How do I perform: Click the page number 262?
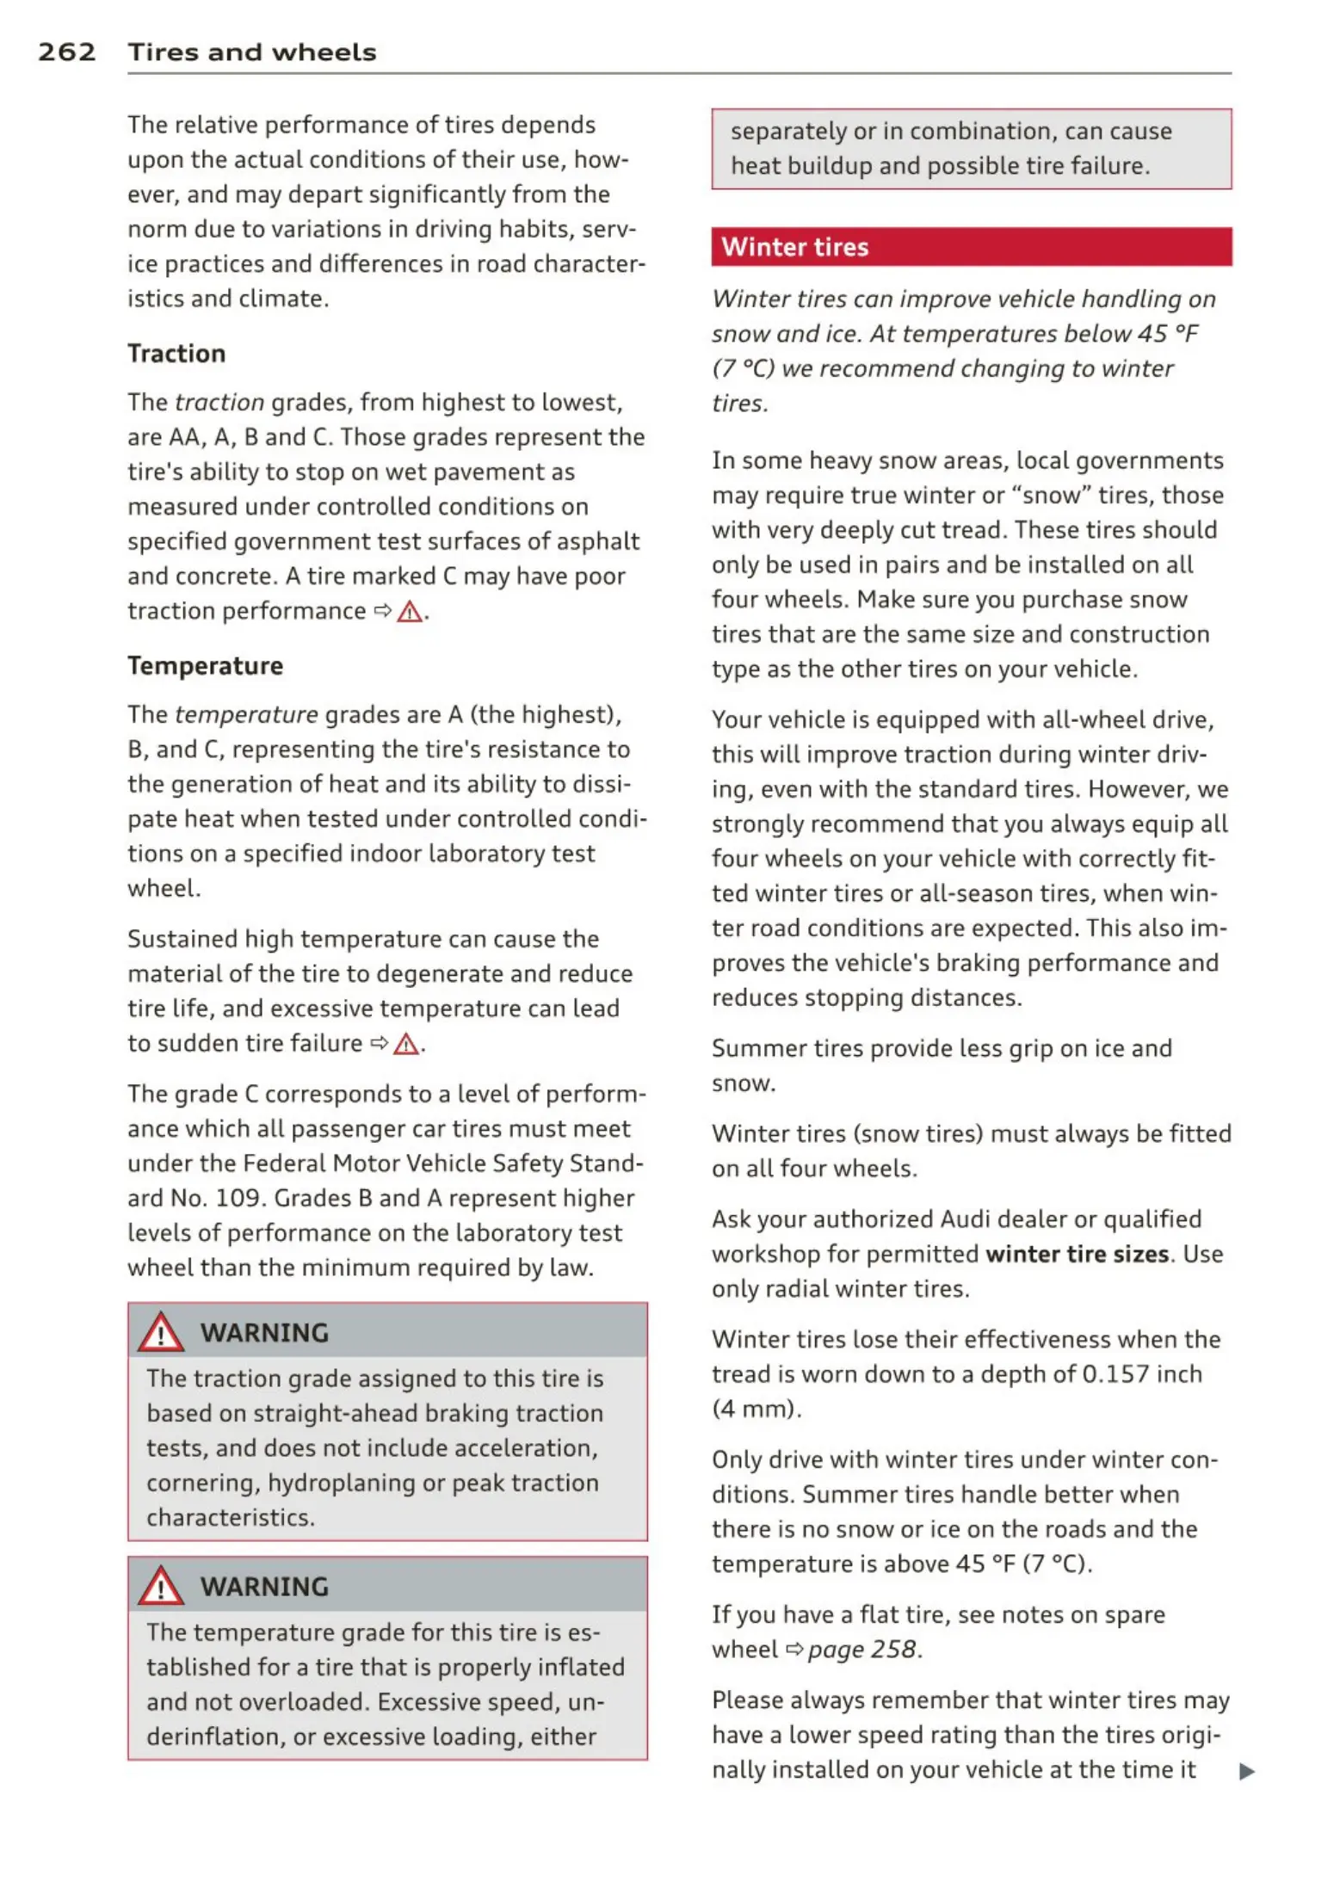click(66, 52)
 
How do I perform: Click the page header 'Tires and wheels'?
click(252, 52)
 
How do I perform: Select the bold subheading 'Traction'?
click(176, 354)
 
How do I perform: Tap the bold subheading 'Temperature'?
click(205, 666)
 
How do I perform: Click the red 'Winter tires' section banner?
click(971, 247)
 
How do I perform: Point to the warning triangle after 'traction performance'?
click(410, 612)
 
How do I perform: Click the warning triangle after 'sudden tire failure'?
click(405, 1045)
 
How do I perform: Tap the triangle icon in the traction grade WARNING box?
click(161, 1333)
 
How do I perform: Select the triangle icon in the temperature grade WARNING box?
click(161, 1587)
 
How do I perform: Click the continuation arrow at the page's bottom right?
click(1246, 1771)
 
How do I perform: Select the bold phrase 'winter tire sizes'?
click(1077, 1254)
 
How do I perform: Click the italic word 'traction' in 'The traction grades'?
click(219, 403)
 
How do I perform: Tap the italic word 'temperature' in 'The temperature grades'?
click(246, 715)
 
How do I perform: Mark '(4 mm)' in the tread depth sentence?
click(755, 1409)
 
